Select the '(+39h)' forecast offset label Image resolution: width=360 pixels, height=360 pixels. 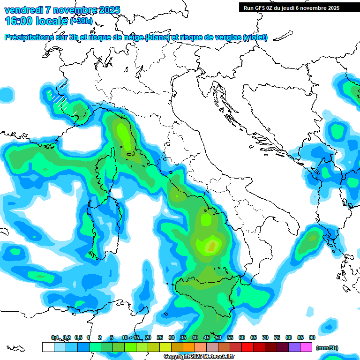click(x=81, y=21)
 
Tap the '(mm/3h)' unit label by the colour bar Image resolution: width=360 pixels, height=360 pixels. click(x=327, y=347)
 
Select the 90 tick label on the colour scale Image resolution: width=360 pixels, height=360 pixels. click(x=312, y=337)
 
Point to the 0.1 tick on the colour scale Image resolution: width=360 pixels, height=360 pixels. click(x=54, y=337)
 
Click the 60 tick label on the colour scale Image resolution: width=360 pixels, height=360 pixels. click(x=241, y=337)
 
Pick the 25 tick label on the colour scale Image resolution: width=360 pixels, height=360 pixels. click(x=159, y=337)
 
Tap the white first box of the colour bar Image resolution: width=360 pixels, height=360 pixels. click(x=48, y=347)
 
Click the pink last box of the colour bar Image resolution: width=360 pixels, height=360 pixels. click(x=306, y=347)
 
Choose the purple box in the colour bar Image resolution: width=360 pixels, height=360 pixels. click(x=294, y=347)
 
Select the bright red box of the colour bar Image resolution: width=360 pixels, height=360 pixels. click(x=247, y=347)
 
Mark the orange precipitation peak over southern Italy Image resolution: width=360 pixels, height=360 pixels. click(x=212, y=245)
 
